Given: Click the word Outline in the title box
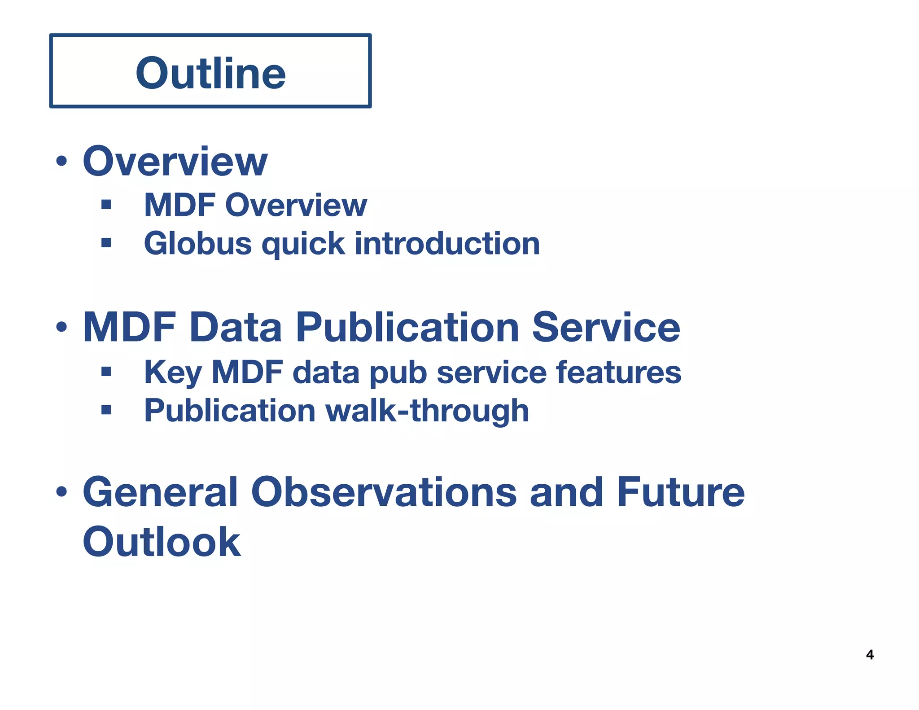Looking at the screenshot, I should (x=210, y=73).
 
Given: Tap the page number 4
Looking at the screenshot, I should (x=870, y=655).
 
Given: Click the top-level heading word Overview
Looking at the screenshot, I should (x=175, y=161).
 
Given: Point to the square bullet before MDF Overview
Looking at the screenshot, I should (x=106, y=205).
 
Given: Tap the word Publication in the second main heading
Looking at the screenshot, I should (x=407, y=327).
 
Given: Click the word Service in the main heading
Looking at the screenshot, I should (x=606, y=327).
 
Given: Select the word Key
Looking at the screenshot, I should (x=172, y=373).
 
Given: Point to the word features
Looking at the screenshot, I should (x=619, y=372).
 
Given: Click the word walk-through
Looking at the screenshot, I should (x=427, y=411).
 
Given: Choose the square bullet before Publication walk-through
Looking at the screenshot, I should (x=106, y=409).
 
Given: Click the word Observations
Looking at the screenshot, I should (x=384, y=492).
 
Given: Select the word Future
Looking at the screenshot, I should (x=681, y=492).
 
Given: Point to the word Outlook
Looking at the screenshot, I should (x=162, y=542).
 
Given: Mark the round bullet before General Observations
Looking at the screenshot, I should (x=61, y=492).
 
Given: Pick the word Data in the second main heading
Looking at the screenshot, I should (x=236, y=327).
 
